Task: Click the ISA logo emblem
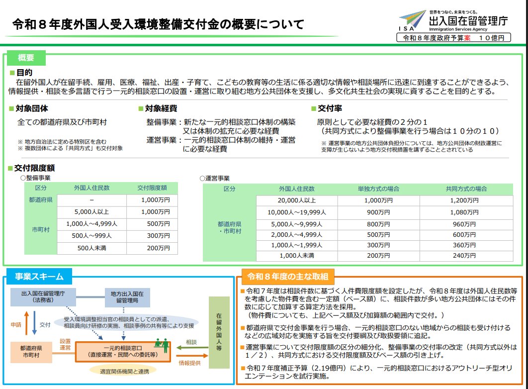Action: click(412, 20)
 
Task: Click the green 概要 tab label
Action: click(26, 58)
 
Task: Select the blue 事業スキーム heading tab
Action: click(39, 277)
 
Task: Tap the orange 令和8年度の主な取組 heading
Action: click(287, 277)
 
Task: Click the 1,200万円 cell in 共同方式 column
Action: click(464, 200)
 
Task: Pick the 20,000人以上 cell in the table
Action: click(297, 200)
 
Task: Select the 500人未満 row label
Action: click(91, 248)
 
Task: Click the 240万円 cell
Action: click(464, 255)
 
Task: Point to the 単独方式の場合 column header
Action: click(378, 189)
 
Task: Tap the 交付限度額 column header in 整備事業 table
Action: click(152, 188)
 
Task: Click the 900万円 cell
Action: click(378, 212)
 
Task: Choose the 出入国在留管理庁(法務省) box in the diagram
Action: click(43, 296)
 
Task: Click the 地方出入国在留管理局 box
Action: click(127, 297)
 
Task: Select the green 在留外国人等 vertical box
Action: click(219, 332)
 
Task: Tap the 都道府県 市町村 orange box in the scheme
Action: click(31, 352)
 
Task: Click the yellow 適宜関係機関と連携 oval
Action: click(124, 371)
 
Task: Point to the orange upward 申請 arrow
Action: click(27, 323)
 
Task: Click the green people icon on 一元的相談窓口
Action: click(162, 345)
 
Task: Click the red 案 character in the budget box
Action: click(467, 38)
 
